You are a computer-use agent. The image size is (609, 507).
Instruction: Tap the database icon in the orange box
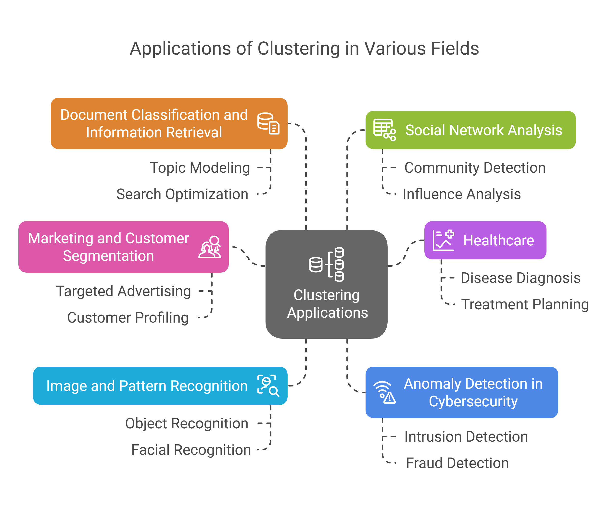[x=268, y=123]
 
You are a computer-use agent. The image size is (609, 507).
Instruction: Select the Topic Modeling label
[x=200, y=168]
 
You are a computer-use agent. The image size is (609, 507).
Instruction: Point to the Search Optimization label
[x=182, y=194]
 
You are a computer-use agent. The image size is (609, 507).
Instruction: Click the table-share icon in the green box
[x=384, y=130]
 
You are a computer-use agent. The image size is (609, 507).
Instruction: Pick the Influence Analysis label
[x=462, y=194]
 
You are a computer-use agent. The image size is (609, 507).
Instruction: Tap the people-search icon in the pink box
[x=210, y=247]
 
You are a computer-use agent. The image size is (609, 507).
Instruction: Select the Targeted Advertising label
[x=124, y=291]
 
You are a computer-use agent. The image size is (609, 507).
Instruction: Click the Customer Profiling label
[x=128, y=317]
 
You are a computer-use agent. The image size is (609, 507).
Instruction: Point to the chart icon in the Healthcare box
[x=443, y=240]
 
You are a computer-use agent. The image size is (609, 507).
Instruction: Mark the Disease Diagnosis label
[x=520, y=278]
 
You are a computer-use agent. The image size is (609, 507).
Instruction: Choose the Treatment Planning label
[x=525, y=304]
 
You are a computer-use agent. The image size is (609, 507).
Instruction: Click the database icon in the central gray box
[x=327, y=264]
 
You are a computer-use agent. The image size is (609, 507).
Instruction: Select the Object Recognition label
[x=187, y=423]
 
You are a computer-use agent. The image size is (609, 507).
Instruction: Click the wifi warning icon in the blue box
[x=384, y=392]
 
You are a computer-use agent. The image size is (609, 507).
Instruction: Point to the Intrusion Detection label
[x=466, y=437]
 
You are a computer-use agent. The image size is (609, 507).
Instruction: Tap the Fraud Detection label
[x=457, y=463]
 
